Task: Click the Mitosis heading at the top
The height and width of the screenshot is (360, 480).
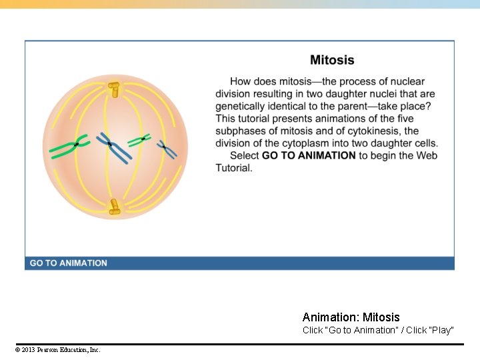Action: coord(332,60)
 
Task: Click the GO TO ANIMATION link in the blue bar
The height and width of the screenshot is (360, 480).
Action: coord(68,263)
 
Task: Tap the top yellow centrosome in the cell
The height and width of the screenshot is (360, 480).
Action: coord(114,88)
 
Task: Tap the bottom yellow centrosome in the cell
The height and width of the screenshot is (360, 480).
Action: coord(115,207)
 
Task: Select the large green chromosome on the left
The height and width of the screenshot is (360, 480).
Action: coord(69,147)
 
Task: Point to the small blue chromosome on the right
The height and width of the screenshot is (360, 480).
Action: coord(167,149)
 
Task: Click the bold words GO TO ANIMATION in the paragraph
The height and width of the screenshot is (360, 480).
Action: coord(309,155)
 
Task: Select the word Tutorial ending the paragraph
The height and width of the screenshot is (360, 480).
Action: coord(233,168)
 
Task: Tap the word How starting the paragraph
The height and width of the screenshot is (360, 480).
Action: coord(241,82)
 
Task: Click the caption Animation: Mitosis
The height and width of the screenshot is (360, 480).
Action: coord(351,317)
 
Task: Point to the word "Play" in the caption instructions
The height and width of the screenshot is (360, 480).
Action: coord(441,330)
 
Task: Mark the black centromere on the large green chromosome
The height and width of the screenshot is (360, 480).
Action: coord(77,144)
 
